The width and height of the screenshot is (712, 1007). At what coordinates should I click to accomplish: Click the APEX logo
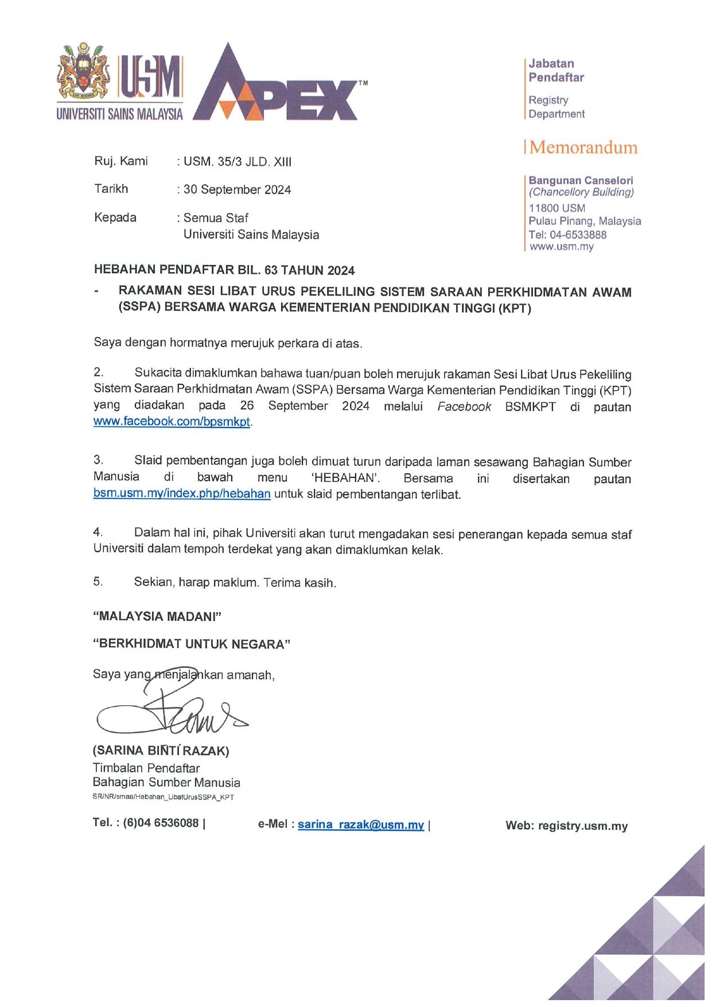point(279,86)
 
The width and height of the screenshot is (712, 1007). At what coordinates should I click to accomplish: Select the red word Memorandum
point(583,147)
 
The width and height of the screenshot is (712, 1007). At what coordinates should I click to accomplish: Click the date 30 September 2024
point(237,190)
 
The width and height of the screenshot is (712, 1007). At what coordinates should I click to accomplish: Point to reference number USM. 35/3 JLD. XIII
point(237,162)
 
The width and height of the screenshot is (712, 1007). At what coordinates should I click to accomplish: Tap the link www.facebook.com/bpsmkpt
point(172,422)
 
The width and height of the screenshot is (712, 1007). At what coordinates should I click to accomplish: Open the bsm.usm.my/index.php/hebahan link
point(182,494)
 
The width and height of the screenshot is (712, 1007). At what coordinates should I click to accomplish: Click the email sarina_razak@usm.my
point(360,825)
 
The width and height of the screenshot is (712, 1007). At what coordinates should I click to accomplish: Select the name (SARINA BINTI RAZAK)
point(161,751)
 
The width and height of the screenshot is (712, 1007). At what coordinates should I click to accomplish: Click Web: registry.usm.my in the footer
point(566,826)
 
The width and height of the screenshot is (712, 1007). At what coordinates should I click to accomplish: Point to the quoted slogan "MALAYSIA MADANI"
point(157,617)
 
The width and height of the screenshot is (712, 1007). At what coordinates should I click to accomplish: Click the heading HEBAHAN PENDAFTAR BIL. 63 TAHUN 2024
point(224,270)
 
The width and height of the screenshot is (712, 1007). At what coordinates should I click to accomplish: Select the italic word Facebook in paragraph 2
point(464,407)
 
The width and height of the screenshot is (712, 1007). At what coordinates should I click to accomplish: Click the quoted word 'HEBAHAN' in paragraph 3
point(345,478)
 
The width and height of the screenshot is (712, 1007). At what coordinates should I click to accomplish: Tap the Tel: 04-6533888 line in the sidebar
point(567,235)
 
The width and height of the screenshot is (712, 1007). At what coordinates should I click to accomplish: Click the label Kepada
point(115,218)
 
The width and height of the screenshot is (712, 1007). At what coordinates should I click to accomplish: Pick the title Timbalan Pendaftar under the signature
point(146,768)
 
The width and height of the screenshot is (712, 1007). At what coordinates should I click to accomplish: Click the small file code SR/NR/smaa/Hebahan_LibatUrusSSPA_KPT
point(163,797)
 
